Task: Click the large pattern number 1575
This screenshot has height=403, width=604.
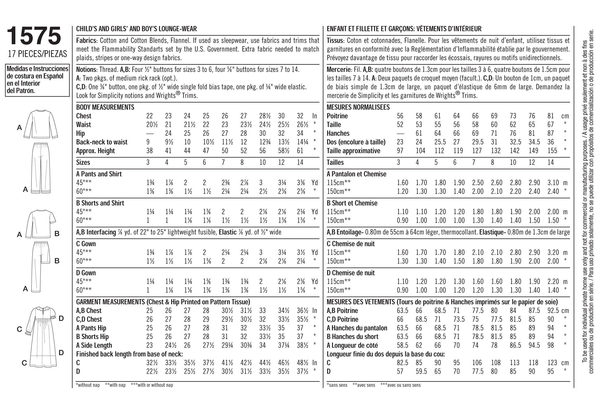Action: [x=34, y=36]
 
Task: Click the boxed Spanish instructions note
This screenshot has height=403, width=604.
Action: [x=37, y=80]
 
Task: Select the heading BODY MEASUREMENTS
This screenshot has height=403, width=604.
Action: [x=105, y=107]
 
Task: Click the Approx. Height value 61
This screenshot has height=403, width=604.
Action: [x=300, y=151]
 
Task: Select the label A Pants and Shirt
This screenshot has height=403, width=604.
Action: [x=99, y=174]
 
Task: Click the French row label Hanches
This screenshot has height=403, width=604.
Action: [x=338, y=133]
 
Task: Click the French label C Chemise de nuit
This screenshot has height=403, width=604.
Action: [x=351, y=244]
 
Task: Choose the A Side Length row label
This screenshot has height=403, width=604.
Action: [x=94, y=345]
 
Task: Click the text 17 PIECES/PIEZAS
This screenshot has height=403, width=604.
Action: [x=37, y=54]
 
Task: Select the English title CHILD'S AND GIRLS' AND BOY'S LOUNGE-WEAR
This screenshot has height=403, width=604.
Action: [x=136, y=29]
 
